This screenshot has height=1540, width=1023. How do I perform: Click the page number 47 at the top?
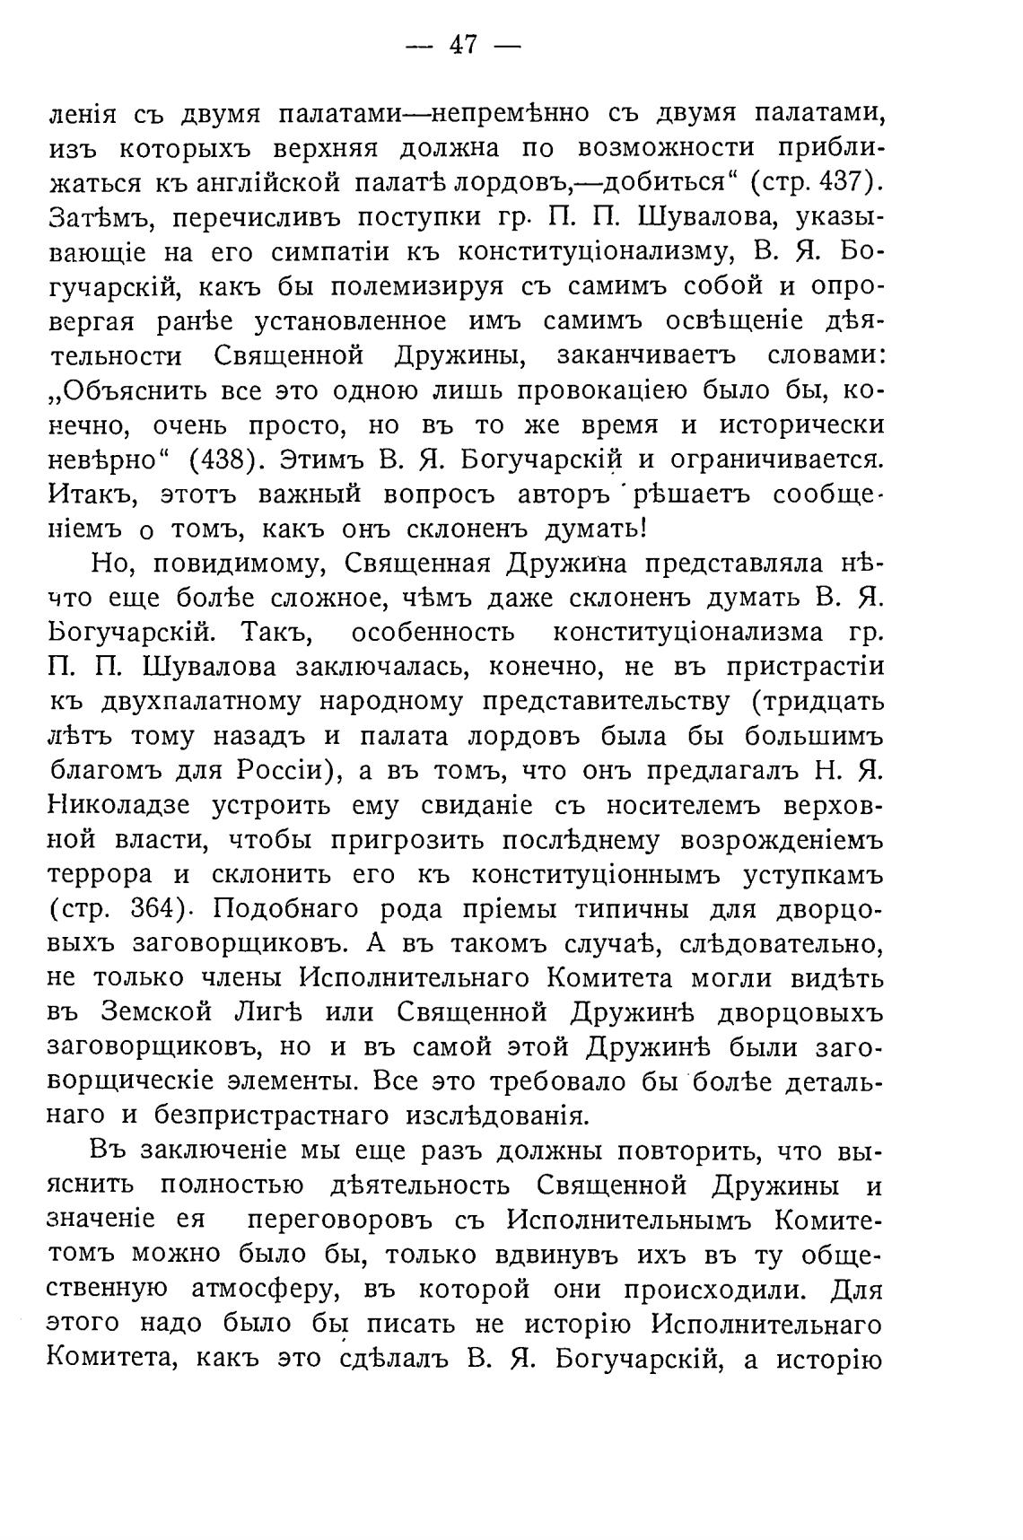(463, 46)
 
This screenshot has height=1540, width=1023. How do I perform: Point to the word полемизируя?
(422, 287)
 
